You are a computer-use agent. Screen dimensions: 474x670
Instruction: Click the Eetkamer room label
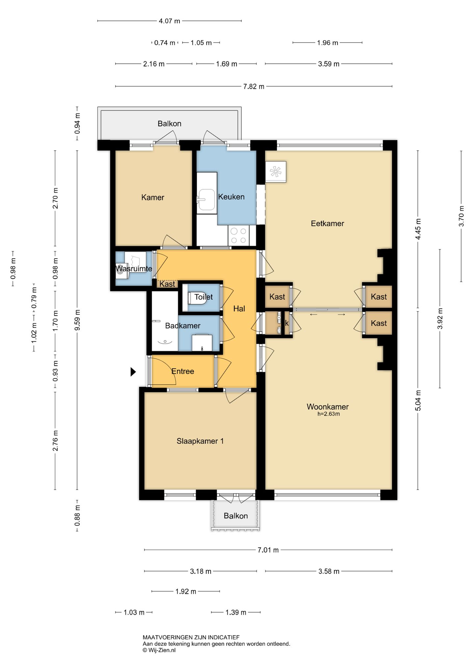[327, 224]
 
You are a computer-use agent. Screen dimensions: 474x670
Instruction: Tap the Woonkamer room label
[328, 407]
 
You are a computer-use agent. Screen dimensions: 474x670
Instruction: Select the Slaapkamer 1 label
[200, 441]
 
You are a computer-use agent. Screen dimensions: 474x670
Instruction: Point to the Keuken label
[231, 197]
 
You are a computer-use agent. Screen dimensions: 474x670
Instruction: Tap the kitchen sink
[206, 200]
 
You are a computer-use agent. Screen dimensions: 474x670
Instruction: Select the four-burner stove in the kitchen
[239, 235]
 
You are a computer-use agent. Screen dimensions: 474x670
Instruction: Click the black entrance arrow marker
[133, 372]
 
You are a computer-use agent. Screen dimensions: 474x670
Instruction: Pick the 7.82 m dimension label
[254, 87]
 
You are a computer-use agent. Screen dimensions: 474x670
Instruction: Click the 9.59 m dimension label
[77, 320]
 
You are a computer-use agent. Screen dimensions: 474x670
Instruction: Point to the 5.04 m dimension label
[418, 400]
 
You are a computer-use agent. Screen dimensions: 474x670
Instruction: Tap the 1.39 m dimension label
[236, 612]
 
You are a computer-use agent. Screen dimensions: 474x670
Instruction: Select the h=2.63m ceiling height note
[329, 414]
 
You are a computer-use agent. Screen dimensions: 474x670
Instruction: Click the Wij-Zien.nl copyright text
[159, 650]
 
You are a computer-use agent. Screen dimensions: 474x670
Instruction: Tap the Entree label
[183, 371]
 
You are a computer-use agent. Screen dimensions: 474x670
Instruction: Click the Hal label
[239, 309]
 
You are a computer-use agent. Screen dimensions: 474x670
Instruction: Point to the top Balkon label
[170, 124]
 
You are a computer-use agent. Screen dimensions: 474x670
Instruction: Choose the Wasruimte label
[134, 269]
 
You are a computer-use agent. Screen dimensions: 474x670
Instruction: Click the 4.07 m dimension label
[170, 21]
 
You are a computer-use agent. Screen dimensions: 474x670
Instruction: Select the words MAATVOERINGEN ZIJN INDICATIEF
[191, 637]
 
